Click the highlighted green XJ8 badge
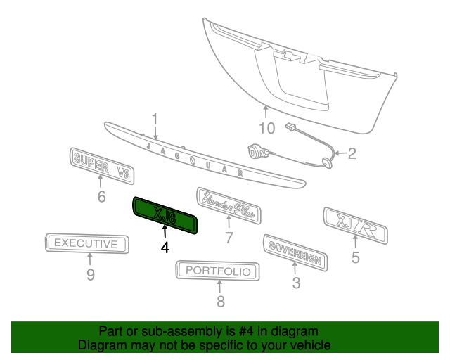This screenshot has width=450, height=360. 165,215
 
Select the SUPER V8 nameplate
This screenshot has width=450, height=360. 102,166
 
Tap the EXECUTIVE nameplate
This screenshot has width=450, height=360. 87,243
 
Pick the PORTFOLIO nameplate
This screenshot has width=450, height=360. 217,271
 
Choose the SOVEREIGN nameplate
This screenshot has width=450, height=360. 295,252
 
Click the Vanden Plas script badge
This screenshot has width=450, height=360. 229,205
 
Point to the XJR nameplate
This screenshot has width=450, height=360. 356,226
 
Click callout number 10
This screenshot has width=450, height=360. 267,128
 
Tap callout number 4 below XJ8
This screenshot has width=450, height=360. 165,247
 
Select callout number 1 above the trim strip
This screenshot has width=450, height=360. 155,119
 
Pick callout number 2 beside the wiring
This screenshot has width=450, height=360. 352,153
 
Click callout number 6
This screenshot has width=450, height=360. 101,197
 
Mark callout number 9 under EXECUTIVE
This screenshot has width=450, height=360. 91,275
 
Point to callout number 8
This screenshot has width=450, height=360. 220,302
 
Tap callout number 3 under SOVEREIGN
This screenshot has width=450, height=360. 296,283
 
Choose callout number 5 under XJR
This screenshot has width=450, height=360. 356,257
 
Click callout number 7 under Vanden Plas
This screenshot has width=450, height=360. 229,238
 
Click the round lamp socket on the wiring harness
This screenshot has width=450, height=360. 255,152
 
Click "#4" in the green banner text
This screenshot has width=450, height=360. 246,332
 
